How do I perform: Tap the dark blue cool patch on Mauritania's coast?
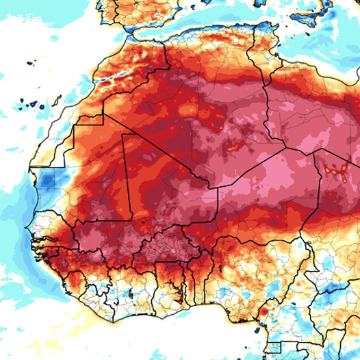click(44, 182)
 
